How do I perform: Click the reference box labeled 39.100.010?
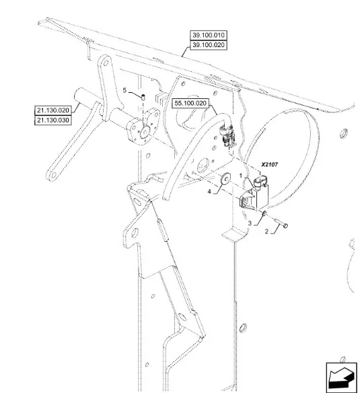[209, 35]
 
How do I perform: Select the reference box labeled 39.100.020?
[209, 45]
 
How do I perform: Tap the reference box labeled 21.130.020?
[53, 110]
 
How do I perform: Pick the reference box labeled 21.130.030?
[53, 120]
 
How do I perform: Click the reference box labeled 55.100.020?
[190, 103]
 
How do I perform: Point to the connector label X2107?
[270, 165]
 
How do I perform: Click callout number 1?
[241, 176]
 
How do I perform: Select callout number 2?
[266, 231]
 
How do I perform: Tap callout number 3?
[250, 223]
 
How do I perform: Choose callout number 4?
[209, 192]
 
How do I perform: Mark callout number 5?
[124, 90]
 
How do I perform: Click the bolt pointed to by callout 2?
[279, 223]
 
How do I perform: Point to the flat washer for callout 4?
[225, 178]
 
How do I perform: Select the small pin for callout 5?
[143, 96]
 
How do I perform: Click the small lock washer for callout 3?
[264, 213]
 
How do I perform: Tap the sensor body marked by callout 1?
[254, 196]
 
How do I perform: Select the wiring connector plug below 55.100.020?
[227, 137]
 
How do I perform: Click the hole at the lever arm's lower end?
[53, 176]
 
